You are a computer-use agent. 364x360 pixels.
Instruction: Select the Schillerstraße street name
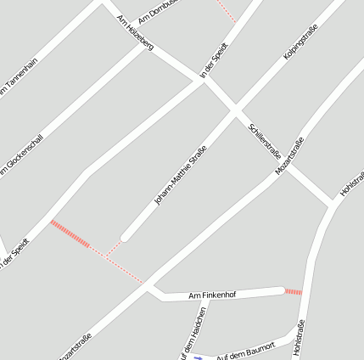265,140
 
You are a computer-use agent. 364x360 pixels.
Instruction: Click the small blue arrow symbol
199,357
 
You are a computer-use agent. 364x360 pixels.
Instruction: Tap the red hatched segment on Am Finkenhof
293,292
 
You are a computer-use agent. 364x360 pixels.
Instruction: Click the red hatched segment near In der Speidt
70,233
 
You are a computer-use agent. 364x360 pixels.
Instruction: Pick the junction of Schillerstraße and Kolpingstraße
235,110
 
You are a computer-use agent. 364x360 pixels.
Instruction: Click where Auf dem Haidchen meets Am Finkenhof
203,299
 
